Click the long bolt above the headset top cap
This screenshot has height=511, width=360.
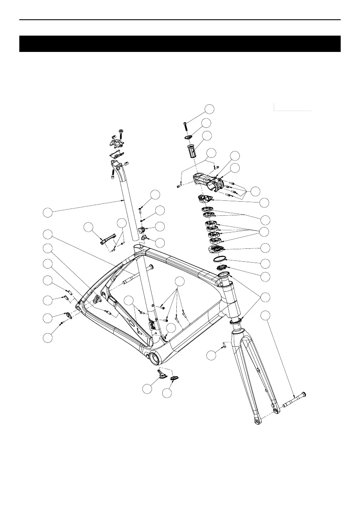click(x=185, y=127)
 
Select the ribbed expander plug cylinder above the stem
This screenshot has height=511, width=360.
click(x=191, y=152)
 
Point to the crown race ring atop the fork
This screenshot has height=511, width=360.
click(x=235, y=321)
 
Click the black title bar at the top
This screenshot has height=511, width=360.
click(x=180, y=44)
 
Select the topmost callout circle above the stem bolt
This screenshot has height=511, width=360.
click(x=209, y=108)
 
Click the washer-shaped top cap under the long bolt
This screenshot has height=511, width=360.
click(x=188, y=137)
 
